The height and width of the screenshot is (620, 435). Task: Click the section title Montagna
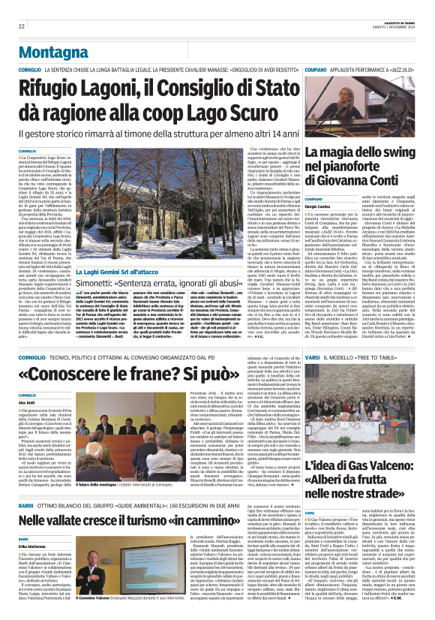[x=50, y=47]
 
